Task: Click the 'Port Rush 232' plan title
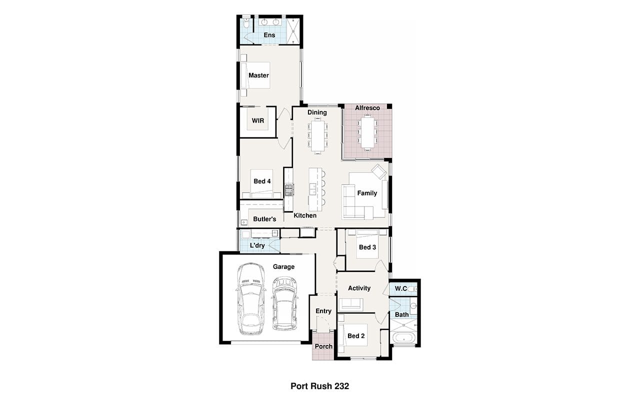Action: [319, 386]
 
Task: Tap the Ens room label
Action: [269, 35]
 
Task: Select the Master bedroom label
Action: [258, 75]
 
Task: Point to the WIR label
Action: [257, 120]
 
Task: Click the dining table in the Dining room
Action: [317, 136]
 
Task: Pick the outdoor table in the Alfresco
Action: [367, 132]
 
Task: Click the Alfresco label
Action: [367, 108]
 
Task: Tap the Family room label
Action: [367, 193]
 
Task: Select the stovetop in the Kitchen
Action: [289, 189]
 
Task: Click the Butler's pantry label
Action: [264, 219]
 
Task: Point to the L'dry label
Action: [257, 245]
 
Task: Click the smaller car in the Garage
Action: [284, 303]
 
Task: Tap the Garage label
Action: [283, 267]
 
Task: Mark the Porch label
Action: [323, 346]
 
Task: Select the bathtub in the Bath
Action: [404, 337]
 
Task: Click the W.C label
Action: [401, 288]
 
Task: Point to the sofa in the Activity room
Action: [350, 305]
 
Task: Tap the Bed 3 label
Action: [367, 247]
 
